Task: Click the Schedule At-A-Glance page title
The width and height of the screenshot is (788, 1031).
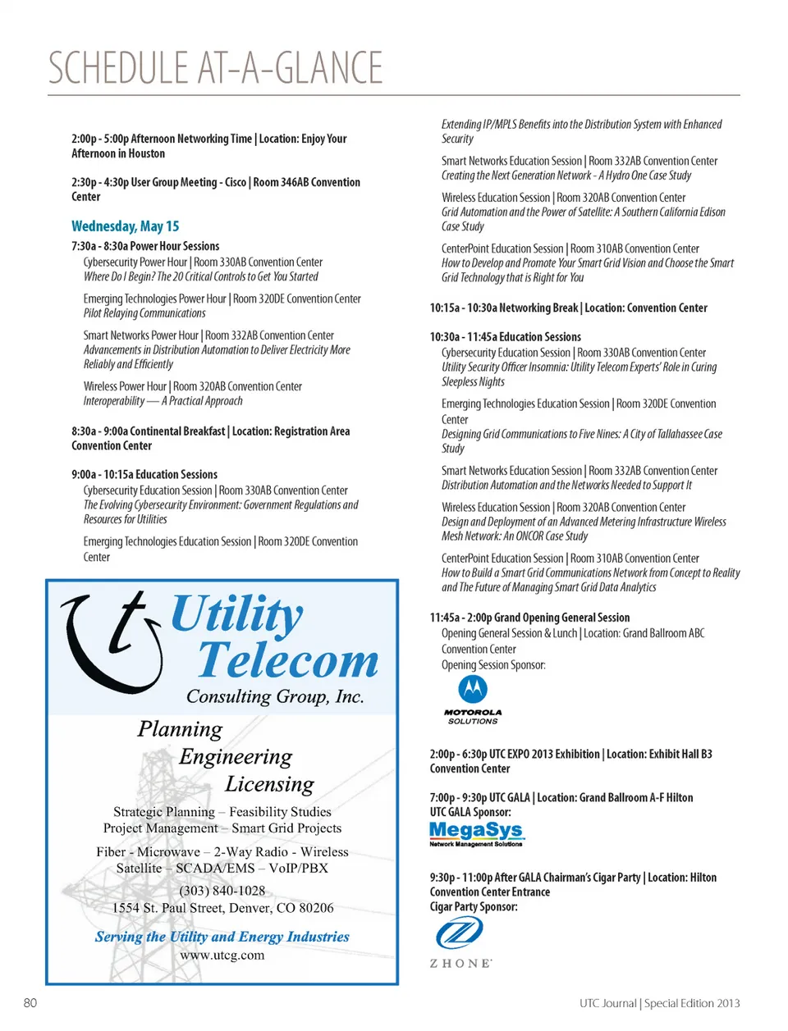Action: [215, 68]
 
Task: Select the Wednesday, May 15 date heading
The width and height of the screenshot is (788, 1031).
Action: [125, 226]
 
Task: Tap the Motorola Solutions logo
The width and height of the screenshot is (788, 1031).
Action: [472, 699]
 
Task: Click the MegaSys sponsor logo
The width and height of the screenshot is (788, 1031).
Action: [476, 833]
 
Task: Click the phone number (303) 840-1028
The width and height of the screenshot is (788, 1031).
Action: [222, 891]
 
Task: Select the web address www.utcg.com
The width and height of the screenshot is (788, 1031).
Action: [222, 956]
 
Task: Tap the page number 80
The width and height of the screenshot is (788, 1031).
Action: [30, 1002]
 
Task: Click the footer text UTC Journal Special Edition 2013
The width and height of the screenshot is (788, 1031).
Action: [659, 1003]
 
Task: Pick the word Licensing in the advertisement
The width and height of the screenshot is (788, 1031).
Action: [269, 785]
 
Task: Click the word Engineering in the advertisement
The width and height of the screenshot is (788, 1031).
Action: [236, 756]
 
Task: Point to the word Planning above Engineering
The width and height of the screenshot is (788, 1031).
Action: [180, 729]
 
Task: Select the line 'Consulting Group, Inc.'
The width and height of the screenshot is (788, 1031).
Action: [275, 696]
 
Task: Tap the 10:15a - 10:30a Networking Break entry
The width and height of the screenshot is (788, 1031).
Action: [568, 308]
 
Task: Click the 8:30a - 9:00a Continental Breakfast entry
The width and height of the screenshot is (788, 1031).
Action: [210, 439]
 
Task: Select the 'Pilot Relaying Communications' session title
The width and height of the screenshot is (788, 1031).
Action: [144, 313]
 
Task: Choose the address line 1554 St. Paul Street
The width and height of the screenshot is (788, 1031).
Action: [222, 908]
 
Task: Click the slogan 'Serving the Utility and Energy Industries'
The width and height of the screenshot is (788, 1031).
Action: [222, 937]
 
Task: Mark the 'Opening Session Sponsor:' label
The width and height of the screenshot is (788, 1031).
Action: [493, 665]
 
